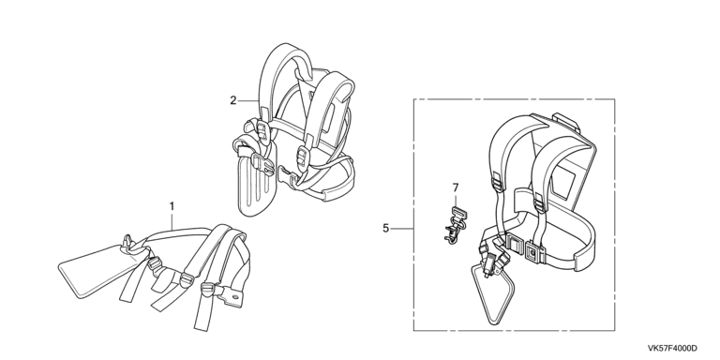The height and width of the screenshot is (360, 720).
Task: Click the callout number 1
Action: [172, 206]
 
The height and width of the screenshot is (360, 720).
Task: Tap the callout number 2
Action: [233, 100]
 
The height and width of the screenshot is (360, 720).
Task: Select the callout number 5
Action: [385, 228]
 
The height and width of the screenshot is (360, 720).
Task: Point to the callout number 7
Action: [456, 187]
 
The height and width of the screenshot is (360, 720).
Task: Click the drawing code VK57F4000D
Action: [672, 349]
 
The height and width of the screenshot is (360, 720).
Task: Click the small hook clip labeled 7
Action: [453, 225]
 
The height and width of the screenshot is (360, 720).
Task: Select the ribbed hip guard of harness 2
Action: [257, 185]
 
